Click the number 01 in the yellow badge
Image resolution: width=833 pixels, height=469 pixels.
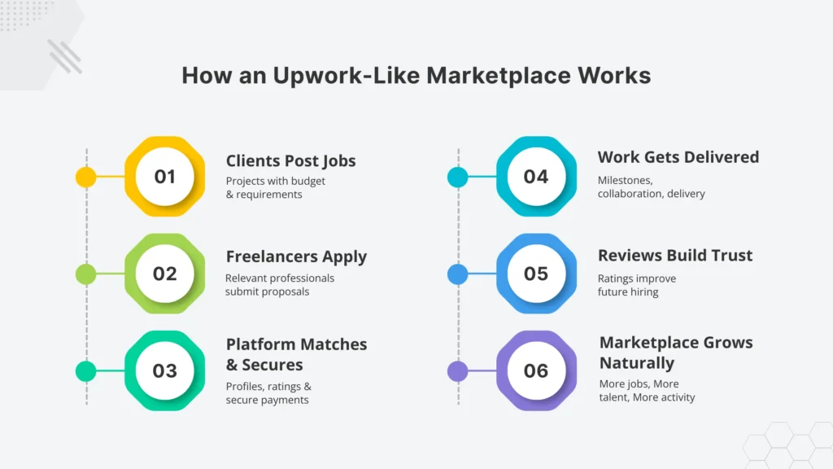point(164,177)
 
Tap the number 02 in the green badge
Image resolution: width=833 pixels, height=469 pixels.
point(164,274)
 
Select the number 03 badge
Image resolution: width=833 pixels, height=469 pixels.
point(164,371)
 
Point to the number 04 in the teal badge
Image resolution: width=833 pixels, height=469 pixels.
point(536,177)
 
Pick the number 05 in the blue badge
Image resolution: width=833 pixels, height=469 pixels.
point(536,274)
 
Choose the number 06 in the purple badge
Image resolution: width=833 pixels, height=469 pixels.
point(536,371)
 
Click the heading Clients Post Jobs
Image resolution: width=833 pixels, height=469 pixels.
point(290,160)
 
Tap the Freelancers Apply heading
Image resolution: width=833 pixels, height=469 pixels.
point(296,256)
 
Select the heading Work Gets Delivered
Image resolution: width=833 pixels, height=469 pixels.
point(678,156)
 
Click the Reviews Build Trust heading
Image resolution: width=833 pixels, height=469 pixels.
point(675,255)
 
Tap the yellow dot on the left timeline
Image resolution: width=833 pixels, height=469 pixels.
point(85,177)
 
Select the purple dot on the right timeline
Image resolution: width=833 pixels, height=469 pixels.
point(458,371)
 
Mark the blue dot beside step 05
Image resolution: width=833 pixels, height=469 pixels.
point(458,274)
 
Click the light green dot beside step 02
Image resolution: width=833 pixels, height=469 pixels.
point(85,274)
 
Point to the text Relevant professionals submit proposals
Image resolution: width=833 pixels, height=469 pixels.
point(279,285)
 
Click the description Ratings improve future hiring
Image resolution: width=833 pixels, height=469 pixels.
point(636,285)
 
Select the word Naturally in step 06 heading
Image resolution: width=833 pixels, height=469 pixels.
point(636,363)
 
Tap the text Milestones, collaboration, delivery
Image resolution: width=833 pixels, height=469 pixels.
point(651,187)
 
